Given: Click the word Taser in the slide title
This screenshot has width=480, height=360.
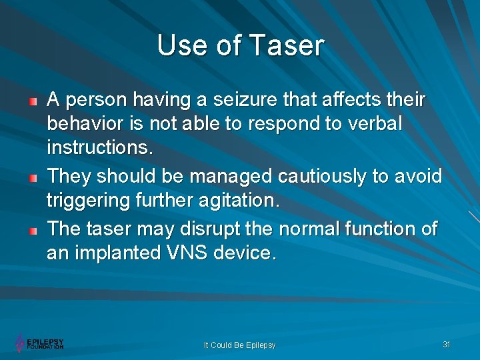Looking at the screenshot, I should point(287,45).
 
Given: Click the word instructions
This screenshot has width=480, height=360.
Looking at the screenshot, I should point(99,148).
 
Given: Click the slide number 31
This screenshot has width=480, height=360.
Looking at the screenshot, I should point(447,344).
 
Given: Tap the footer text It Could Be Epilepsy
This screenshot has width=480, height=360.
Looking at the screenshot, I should point(239,345).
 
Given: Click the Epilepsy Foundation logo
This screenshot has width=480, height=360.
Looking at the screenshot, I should point(39,343).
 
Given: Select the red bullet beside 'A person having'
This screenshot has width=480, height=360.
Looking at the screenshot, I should point(32,102).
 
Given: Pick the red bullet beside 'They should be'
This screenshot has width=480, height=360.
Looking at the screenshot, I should point(32,178).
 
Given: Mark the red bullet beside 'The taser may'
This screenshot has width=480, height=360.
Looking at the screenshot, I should point(32,231).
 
